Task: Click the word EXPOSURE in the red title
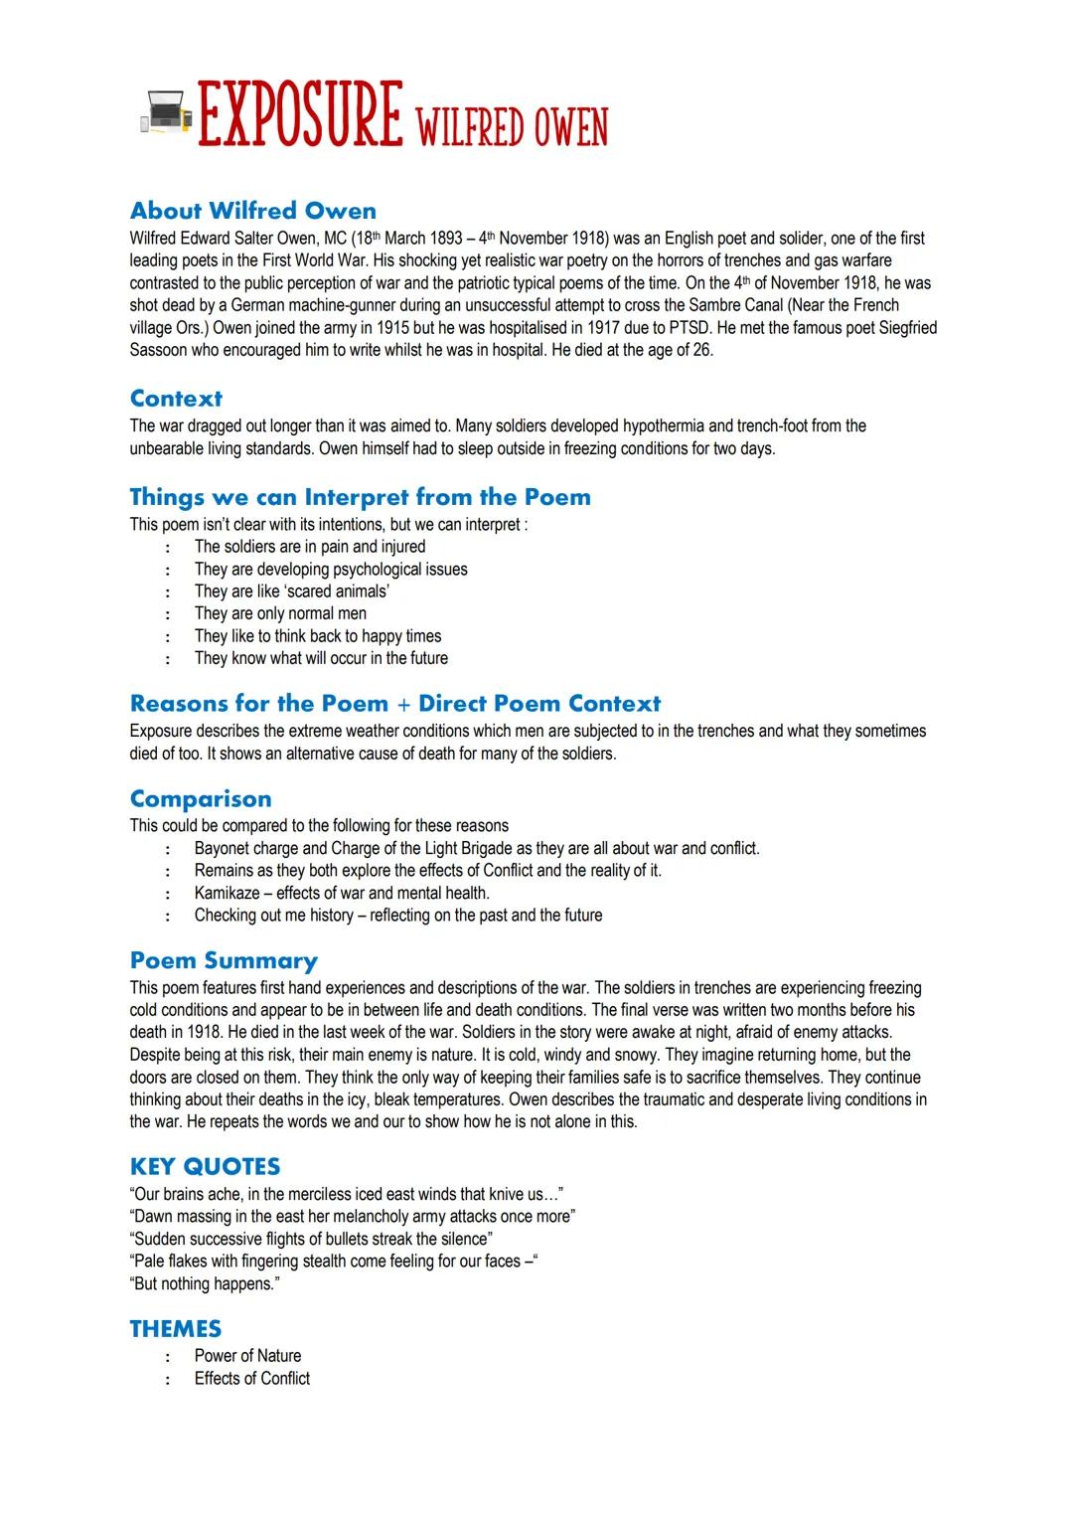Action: [x=300, y=115]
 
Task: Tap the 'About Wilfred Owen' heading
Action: [x=253, y=211]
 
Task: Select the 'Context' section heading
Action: [x=176, y=399]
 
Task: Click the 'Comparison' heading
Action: [x=200, y=799]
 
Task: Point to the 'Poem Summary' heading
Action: [x=224, y=960]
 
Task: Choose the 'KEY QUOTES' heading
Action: [x=205, y=1166]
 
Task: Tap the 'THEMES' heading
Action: [x=175, y=1329]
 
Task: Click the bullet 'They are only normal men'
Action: [x=280, y=613]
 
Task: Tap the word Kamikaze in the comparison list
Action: [x=227, y=893]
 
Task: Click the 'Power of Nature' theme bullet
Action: [x=247, y=1356]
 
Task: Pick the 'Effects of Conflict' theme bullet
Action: [x=252, y=1379]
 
